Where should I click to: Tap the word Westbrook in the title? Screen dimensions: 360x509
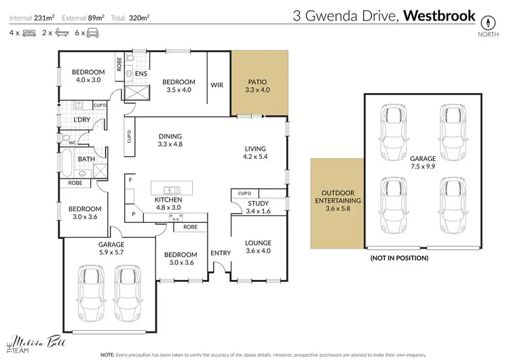pos(440,15)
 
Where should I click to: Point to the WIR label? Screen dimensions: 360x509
pos(217,85)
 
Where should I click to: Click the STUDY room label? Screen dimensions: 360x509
pos(259,203)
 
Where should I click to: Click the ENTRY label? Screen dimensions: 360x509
pos(221,253)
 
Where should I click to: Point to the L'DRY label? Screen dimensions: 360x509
pos(82,120)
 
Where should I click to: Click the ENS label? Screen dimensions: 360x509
pos(141,73)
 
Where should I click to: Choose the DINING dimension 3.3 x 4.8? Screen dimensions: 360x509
pos(170,144)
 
